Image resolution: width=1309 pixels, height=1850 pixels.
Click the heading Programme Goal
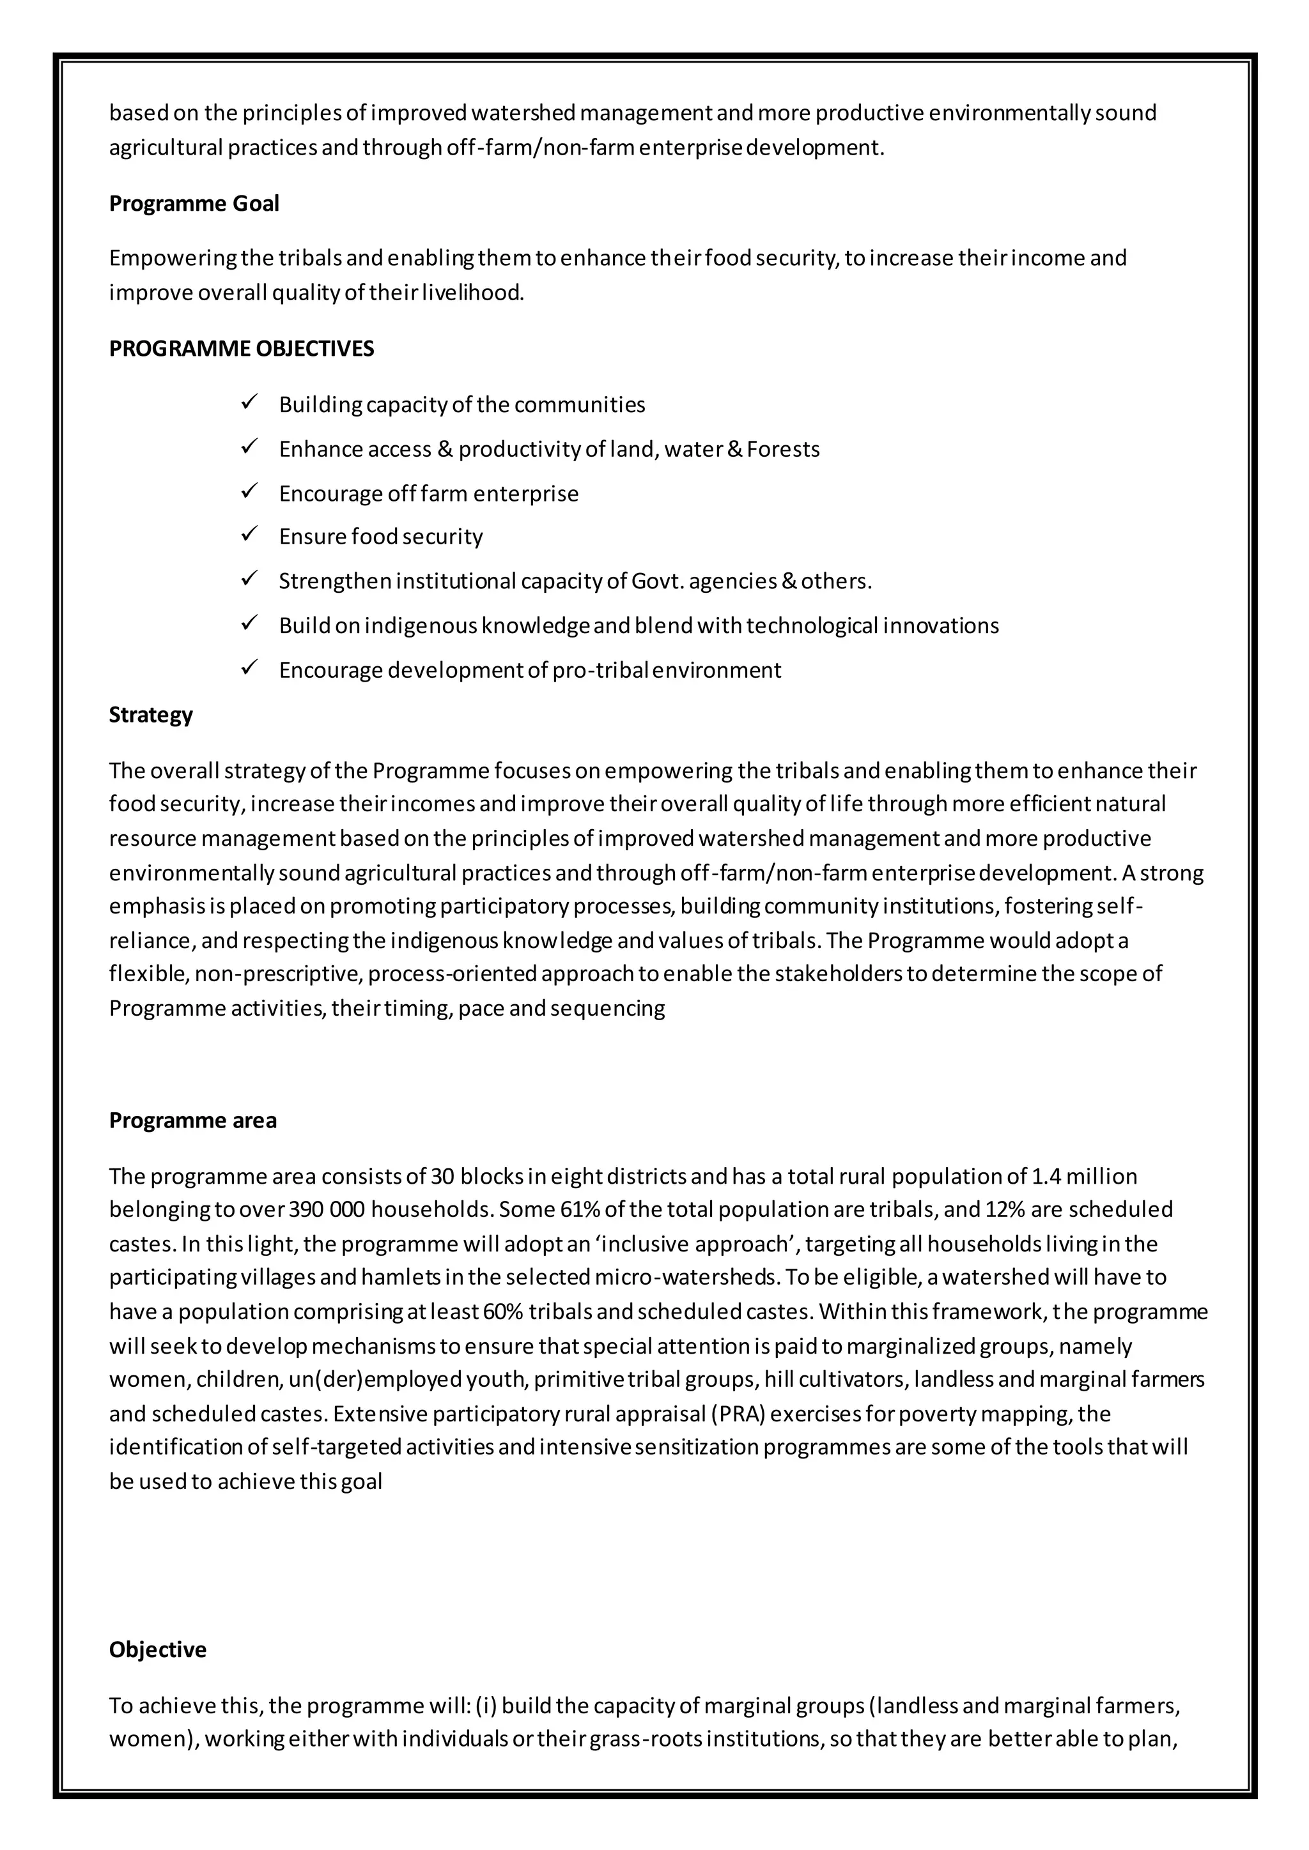tap(194, 204)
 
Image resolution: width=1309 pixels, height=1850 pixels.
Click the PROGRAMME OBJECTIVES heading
tap(241, 349)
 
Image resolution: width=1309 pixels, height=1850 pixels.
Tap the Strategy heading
tap(151, 715)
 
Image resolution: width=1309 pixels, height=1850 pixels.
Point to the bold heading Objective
tap(157, 1649)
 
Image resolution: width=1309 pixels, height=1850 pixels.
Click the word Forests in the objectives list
tap(783, 450)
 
